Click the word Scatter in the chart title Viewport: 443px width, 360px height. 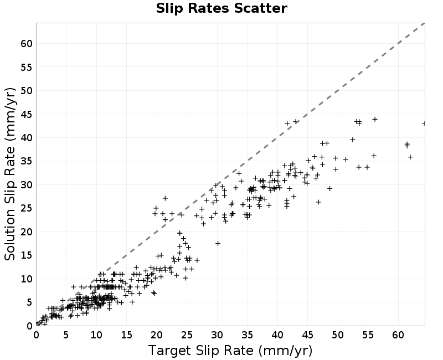260,8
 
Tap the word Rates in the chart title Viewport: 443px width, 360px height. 209,8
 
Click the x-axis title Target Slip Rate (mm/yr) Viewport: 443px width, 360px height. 230,351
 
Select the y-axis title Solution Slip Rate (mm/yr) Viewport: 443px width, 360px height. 10,174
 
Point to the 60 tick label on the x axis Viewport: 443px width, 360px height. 398,335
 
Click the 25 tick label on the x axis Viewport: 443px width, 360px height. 187,335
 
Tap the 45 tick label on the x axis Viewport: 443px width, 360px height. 308,335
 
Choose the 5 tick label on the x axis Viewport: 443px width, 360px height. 66,335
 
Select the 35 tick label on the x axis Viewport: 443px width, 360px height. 247,335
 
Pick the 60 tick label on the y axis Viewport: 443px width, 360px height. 27,44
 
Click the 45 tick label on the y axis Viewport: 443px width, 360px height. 27,114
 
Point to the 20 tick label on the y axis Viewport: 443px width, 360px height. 27,232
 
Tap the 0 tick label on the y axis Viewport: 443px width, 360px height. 30,326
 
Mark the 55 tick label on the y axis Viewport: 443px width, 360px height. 27,67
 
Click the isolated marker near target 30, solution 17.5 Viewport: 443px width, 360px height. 218,243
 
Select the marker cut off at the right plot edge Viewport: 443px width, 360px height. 424,123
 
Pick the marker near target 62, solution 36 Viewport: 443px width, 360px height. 410,157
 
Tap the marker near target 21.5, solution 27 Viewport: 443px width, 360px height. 165,198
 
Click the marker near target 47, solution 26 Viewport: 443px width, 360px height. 318,202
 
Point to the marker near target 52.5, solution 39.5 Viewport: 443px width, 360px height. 352,140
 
